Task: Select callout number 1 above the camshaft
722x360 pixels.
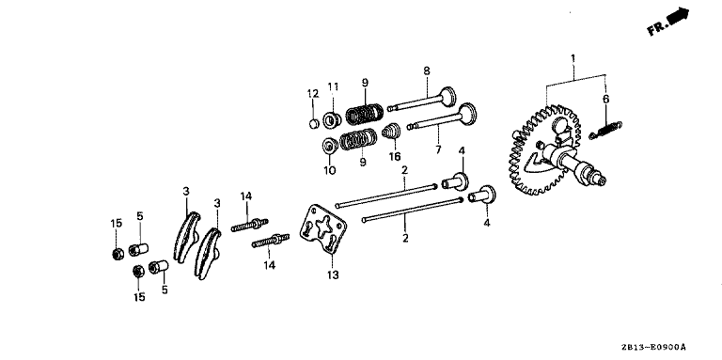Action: [573, 58]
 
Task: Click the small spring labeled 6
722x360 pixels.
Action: [605, 129]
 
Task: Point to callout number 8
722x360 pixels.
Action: [427, 70]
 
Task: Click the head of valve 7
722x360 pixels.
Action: [467, 112]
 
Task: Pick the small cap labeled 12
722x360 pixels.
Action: [314, 123]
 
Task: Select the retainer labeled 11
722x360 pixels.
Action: [333, 120]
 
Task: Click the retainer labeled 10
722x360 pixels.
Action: [330, 146]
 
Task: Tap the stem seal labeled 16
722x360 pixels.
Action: [391, 131]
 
